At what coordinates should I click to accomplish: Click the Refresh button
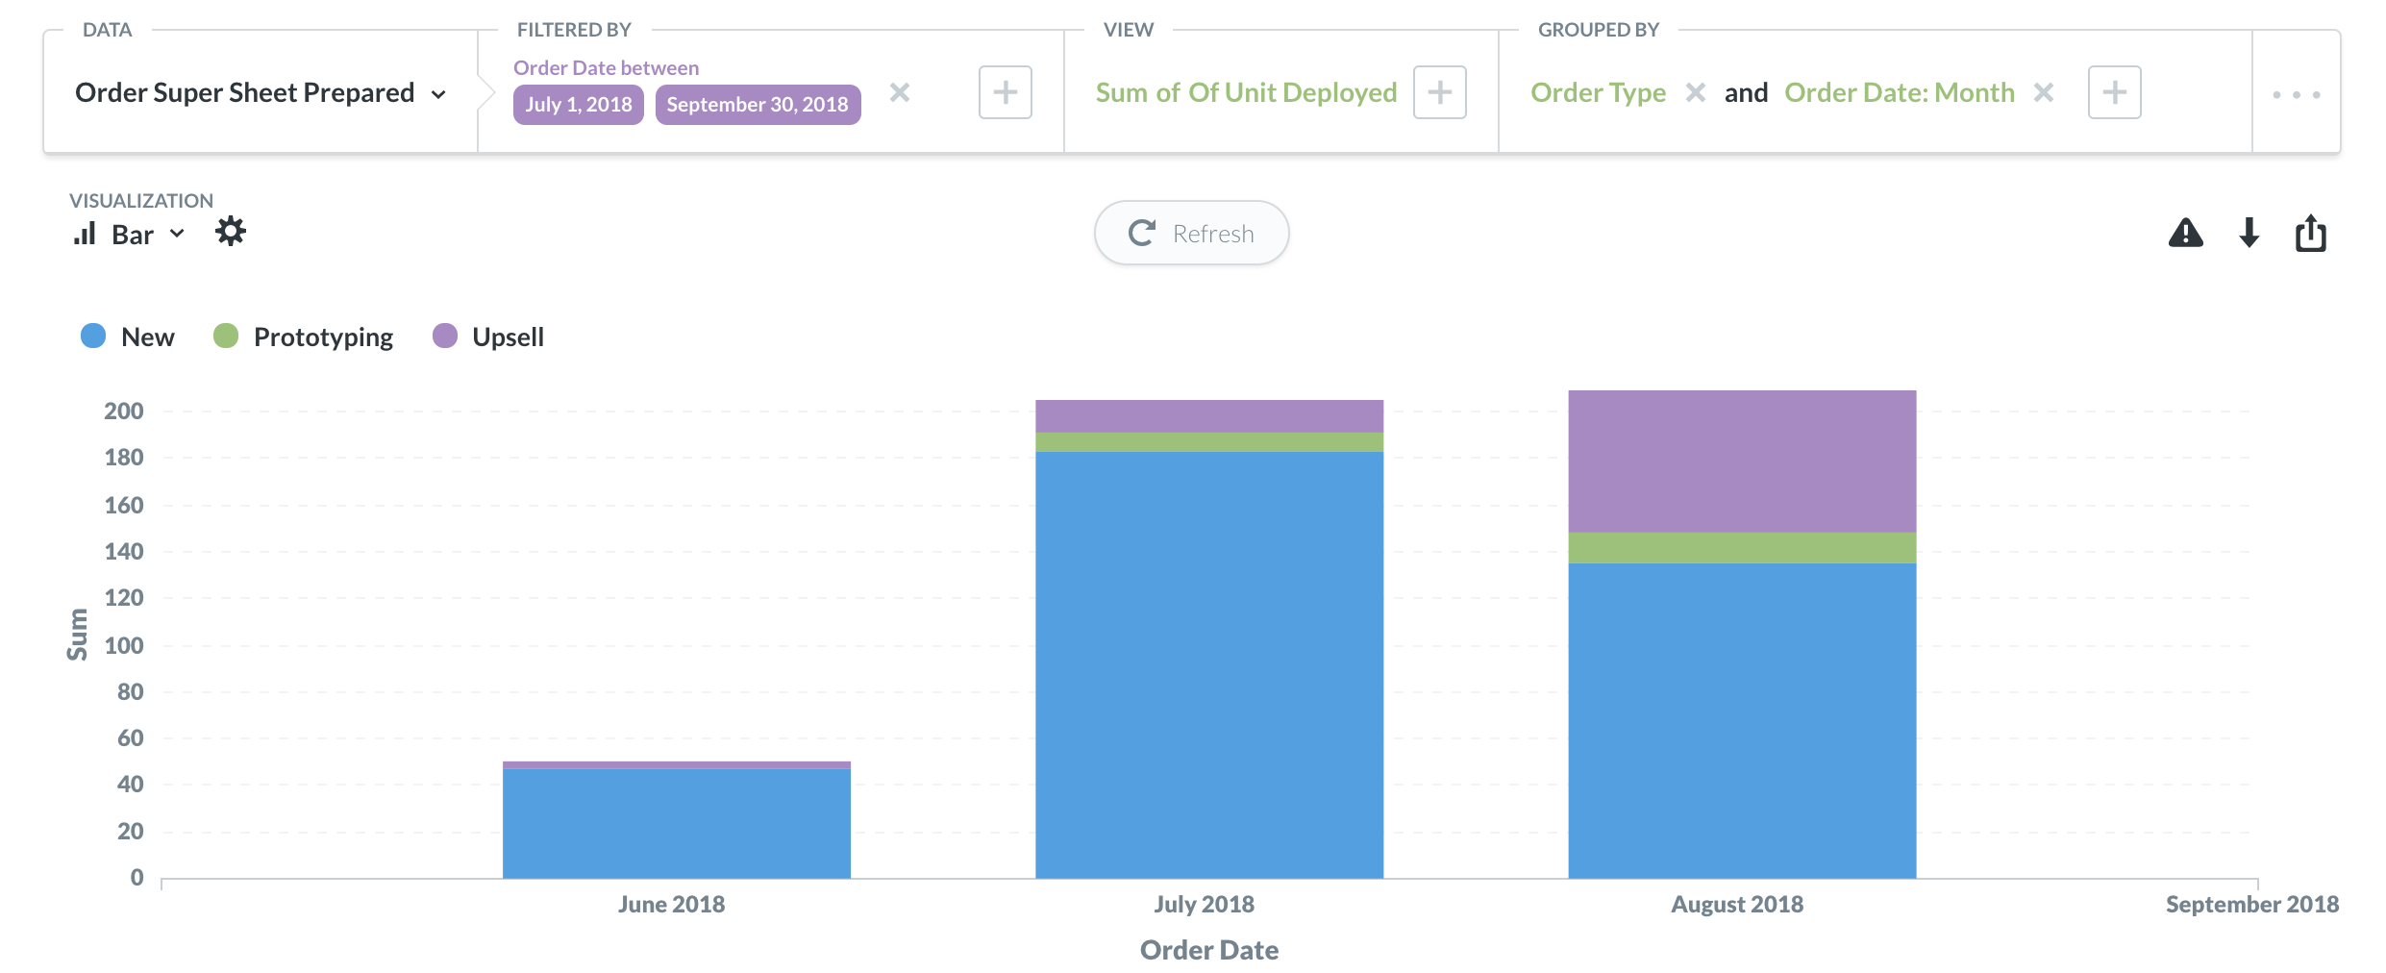tap(1191, 233)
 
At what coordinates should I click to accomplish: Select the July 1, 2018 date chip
tap(578, 104)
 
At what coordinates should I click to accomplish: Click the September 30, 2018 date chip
tap(758, 104)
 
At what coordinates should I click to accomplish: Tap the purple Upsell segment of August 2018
tap(1741, 461)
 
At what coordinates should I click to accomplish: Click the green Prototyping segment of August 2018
tap(1741, 547)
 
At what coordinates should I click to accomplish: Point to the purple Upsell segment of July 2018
tap(1208, 415)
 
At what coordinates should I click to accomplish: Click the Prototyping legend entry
tap(304, 337)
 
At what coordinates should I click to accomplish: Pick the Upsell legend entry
tap(489, 337)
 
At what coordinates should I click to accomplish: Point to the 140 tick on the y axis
tap(124, 551)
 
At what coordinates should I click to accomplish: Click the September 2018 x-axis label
tap(2250, 904)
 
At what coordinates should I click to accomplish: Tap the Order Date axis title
tap(1208, 950)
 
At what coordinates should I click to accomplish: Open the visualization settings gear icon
tap(231, 232)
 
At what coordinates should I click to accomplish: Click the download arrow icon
tap(2249, 233)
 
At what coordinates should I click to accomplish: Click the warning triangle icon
tap(2185, 233)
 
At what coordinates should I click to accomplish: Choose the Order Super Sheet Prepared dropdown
tap(260, 92)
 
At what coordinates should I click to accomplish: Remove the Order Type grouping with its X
tap(1696, 92)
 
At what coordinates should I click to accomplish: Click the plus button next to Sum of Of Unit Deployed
tap(1439, 92)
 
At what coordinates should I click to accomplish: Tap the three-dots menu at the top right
tap(2296, 94)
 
